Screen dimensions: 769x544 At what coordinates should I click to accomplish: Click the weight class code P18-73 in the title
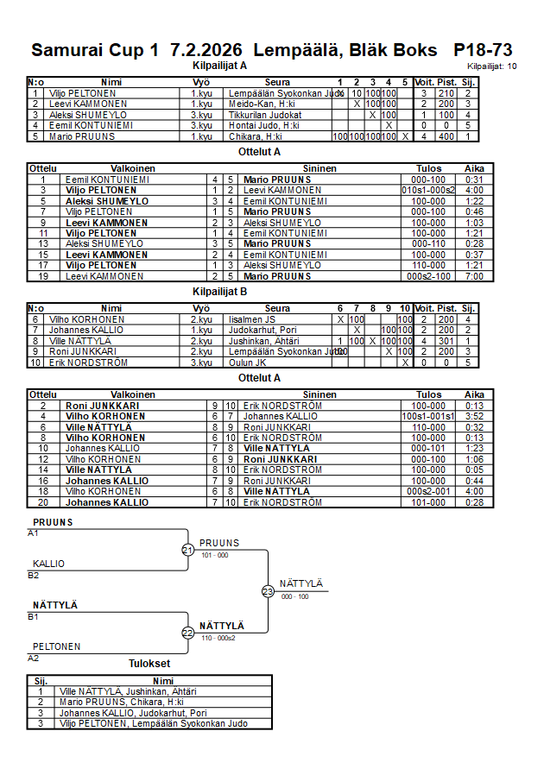coord(483,50)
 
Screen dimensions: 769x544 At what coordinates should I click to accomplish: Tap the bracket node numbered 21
coord(188,550)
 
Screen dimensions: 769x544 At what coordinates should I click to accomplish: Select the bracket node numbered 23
coord(268,591)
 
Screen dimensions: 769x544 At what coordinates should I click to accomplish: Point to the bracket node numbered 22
coord(188,633)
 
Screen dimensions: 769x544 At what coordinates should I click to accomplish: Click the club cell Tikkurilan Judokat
coord(264,115)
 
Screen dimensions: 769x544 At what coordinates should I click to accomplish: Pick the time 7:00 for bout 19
coord(474,276)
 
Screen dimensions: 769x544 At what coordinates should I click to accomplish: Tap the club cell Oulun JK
coord(247,362)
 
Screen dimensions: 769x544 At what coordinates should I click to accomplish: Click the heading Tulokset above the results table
coord(149,664)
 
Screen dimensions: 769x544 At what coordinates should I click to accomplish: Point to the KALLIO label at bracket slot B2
coord(49,564)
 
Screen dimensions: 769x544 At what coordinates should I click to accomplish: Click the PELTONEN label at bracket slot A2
coord(57,646)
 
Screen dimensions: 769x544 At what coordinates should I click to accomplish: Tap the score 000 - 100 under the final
coord(294,596)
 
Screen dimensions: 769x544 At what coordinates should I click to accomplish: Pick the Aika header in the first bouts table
coord(474,168)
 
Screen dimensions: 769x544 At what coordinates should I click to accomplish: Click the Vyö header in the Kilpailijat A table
coord(201,83)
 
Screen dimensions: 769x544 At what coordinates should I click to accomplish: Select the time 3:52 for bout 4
coord(474,416)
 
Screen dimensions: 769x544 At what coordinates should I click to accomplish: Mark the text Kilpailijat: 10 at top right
coord(493,66)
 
